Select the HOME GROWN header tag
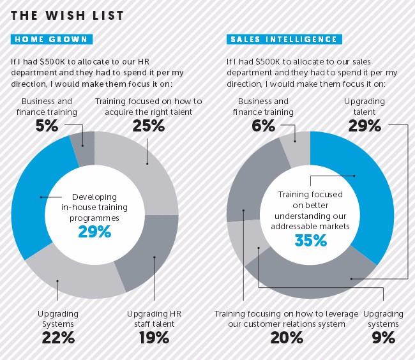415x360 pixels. click(x=52, y=40)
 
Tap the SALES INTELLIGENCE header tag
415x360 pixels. click(x=282, y=40)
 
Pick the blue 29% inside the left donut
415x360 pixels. click(x=94, y=232)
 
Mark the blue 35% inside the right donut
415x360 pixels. click(x=311, y=241)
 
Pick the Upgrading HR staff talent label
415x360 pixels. click(x=153, y=319)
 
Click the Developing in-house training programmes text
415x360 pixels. click(x=95, y=208)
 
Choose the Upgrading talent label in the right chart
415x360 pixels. click(x=364, y=106)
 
